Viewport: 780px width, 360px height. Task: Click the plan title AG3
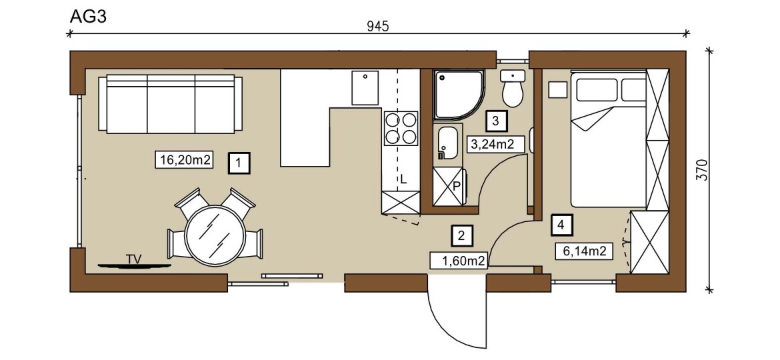[87, 17]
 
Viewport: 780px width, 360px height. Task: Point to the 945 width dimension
[378, 27]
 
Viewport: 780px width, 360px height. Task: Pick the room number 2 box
[461, 235]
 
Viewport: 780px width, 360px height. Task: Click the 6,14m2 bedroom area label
[584, 252]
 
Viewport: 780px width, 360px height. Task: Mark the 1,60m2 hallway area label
[458, 259]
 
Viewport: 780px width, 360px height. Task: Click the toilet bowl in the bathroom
[513, 89]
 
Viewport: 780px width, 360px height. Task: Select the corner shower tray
[458, 95]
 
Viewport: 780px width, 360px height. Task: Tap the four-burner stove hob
[401, 128]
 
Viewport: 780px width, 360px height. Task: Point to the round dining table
[215, 235]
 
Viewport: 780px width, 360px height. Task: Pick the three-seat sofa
[170, 104]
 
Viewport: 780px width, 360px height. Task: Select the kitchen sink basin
[365, 87]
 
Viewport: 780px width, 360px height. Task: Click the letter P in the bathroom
[455, 187]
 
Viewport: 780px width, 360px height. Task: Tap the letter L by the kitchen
[403, 180]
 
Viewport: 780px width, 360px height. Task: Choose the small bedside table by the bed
[557, 90]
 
